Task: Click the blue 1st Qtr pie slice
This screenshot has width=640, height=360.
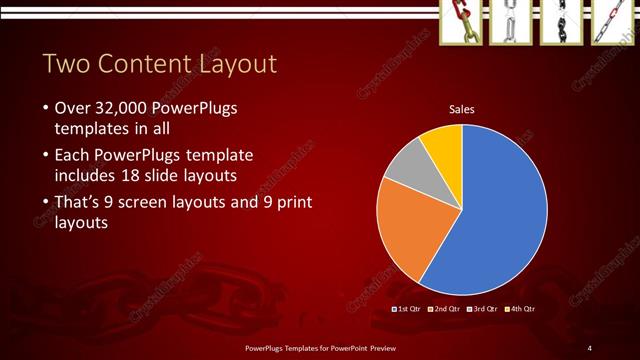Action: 500,200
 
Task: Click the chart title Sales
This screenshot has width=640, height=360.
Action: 461,109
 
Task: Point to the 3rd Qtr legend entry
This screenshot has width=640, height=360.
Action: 483,310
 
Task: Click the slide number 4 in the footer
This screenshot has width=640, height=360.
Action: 590,347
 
